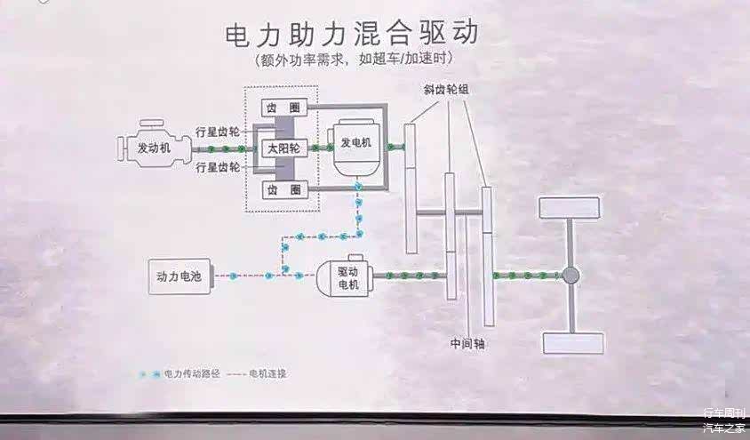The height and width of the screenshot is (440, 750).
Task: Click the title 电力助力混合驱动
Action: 352,34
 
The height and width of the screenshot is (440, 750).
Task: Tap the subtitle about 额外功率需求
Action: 353,61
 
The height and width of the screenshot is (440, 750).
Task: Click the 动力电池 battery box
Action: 178,276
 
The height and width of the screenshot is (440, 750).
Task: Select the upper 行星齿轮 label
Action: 218,132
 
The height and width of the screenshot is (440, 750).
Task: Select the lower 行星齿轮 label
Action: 218,167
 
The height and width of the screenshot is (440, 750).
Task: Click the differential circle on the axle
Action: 570,276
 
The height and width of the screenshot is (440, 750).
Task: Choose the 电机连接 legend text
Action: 267,374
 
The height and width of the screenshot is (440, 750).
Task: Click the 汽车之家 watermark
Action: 724,428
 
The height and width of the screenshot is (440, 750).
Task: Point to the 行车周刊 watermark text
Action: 724,414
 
